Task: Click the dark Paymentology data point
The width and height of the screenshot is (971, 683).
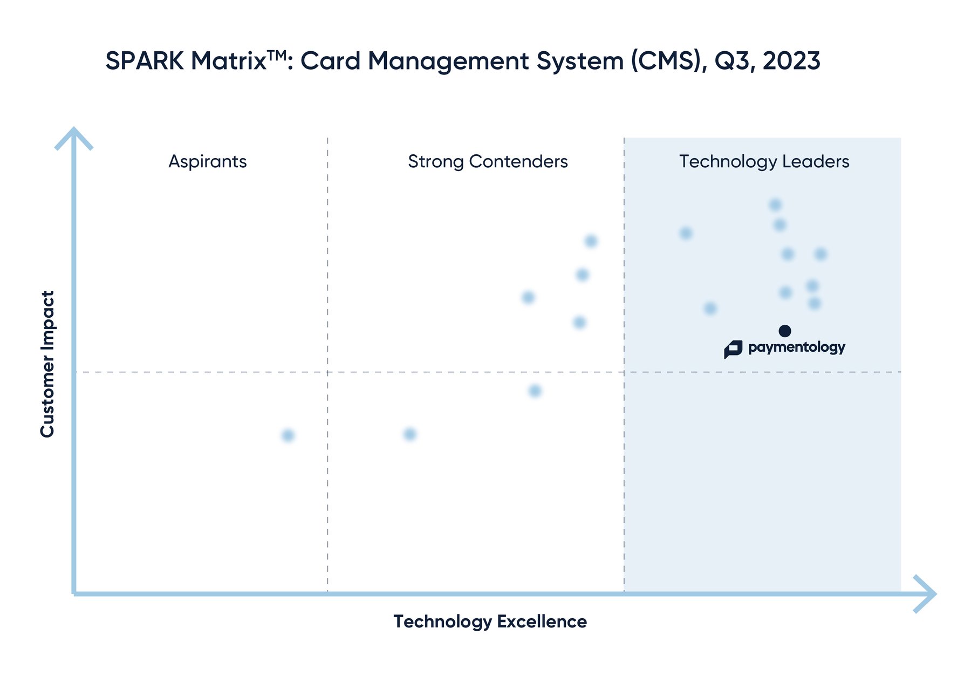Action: (x=785, y=331)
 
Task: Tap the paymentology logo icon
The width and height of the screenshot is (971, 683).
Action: (x=733, y=349)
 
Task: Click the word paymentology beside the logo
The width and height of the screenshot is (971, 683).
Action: (x=796, y=347)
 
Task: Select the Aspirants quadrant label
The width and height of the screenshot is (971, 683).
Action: (x=208, y=161)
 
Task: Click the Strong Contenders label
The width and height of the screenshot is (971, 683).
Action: (x=488, y=161)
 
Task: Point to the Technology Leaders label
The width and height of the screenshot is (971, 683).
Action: (x=764, y=161)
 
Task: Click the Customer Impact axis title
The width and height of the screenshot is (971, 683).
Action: (x=47, y=364)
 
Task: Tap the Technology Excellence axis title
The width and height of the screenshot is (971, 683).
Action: (x=490, y=621)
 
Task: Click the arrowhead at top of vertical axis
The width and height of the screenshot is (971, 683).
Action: (x=74, y=136)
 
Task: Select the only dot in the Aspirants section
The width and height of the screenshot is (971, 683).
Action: (x=288, y=435)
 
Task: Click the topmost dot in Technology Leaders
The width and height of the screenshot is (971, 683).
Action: (x=775, y=205)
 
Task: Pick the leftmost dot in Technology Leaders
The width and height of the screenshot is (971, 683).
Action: (x=686, y=233)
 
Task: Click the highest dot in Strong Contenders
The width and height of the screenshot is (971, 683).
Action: (x=591, y=241)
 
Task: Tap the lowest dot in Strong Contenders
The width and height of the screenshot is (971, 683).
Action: (x=410, y=434)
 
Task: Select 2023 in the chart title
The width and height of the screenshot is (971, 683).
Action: (x=791, y=60)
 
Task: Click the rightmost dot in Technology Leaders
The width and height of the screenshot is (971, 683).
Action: (x=820, y=254)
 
